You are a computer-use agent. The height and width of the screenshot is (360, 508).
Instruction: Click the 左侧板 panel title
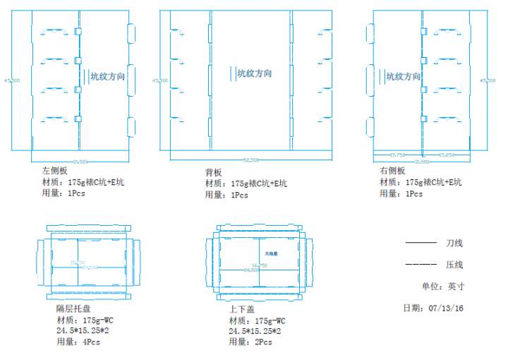55,171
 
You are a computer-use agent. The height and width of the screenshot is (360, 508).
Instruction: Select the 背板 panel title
213,172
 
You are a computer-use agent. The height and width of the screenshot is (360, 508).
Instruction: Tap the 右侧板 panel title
392,171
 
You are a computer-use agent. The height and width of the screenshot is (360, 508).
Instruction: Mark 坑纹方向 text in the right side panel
404,76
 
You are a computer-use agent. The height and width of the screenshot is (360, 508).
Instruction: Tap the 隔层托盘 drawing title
73,308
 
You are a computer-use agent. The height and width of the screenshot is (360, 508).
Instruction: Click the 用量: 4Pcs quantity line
78,342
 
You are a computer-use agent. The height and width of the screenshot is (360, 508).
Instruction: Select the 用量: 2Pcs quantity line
250,342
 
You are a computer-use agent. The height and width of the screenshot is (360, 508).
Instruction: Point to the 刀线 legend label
454,244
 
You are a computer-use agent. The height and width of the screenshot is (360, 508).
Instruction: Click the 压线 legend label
454,265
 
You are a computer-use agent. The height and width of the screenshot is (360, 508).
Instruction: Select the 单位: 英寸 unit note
443,287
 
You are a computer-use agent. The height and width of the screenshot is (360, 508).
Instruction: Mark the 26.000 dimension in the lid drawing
253,270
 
